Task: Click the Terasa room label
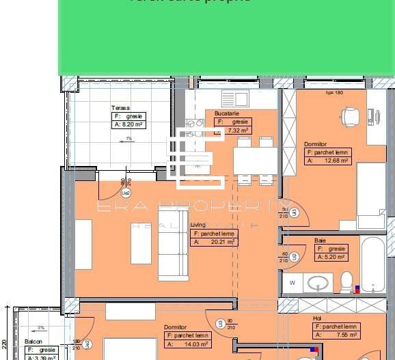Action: coord(120,108)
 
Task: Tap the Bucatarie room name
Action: coord(226,113)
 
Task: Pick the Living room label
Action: coord(197,225)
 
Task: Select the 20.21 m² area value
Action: coord(221,242)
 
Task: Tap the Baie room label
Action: coord(320,240)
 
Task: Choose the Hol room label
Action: coord(317,318)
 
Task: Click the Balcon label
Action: coord(33,341)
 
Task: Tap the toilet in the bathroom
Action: coord(346,281)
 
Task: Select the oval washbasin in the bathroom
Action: coord(319,282)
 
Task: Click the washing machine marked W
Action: coord(292,282)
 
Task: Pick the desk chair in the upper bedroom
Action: coord(350,116)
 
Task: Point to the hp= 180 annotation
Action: coord(334,92)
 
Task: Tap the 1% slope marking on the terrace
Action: coord(128,139)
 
